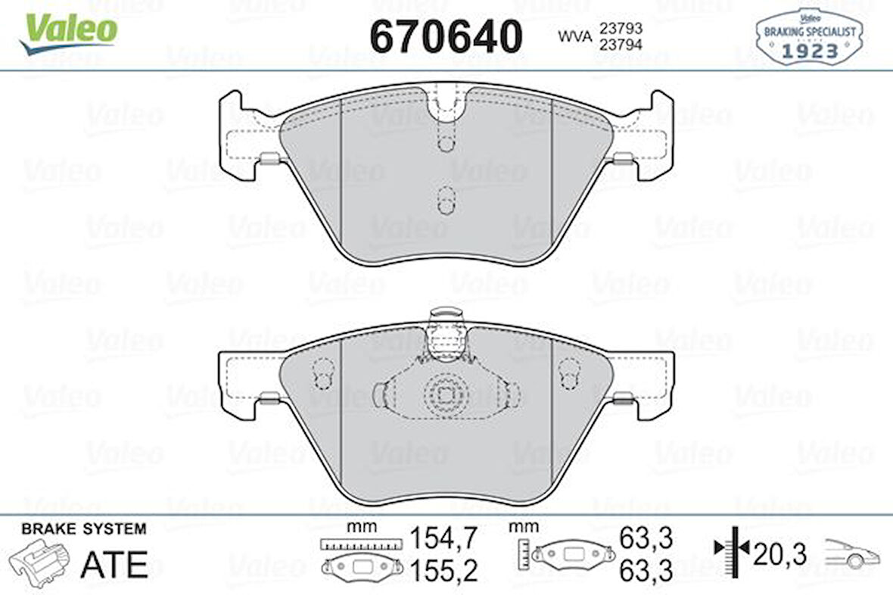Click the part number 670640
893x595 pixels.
[446, 36]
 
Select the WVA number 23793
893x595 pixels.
[621, 28]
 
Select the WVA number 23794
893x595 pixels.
[621, 44]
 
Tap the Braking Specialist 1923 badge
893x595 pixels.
[809, 37]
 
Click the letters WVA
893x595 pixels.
[574, 36]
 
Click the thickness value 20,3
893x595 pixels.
[781, 554]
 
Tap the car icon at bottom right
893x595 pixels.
[851, 554]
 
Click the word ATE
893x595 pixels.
[114, 564]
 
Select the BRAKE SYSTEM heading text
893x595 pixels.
[84, 529]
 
